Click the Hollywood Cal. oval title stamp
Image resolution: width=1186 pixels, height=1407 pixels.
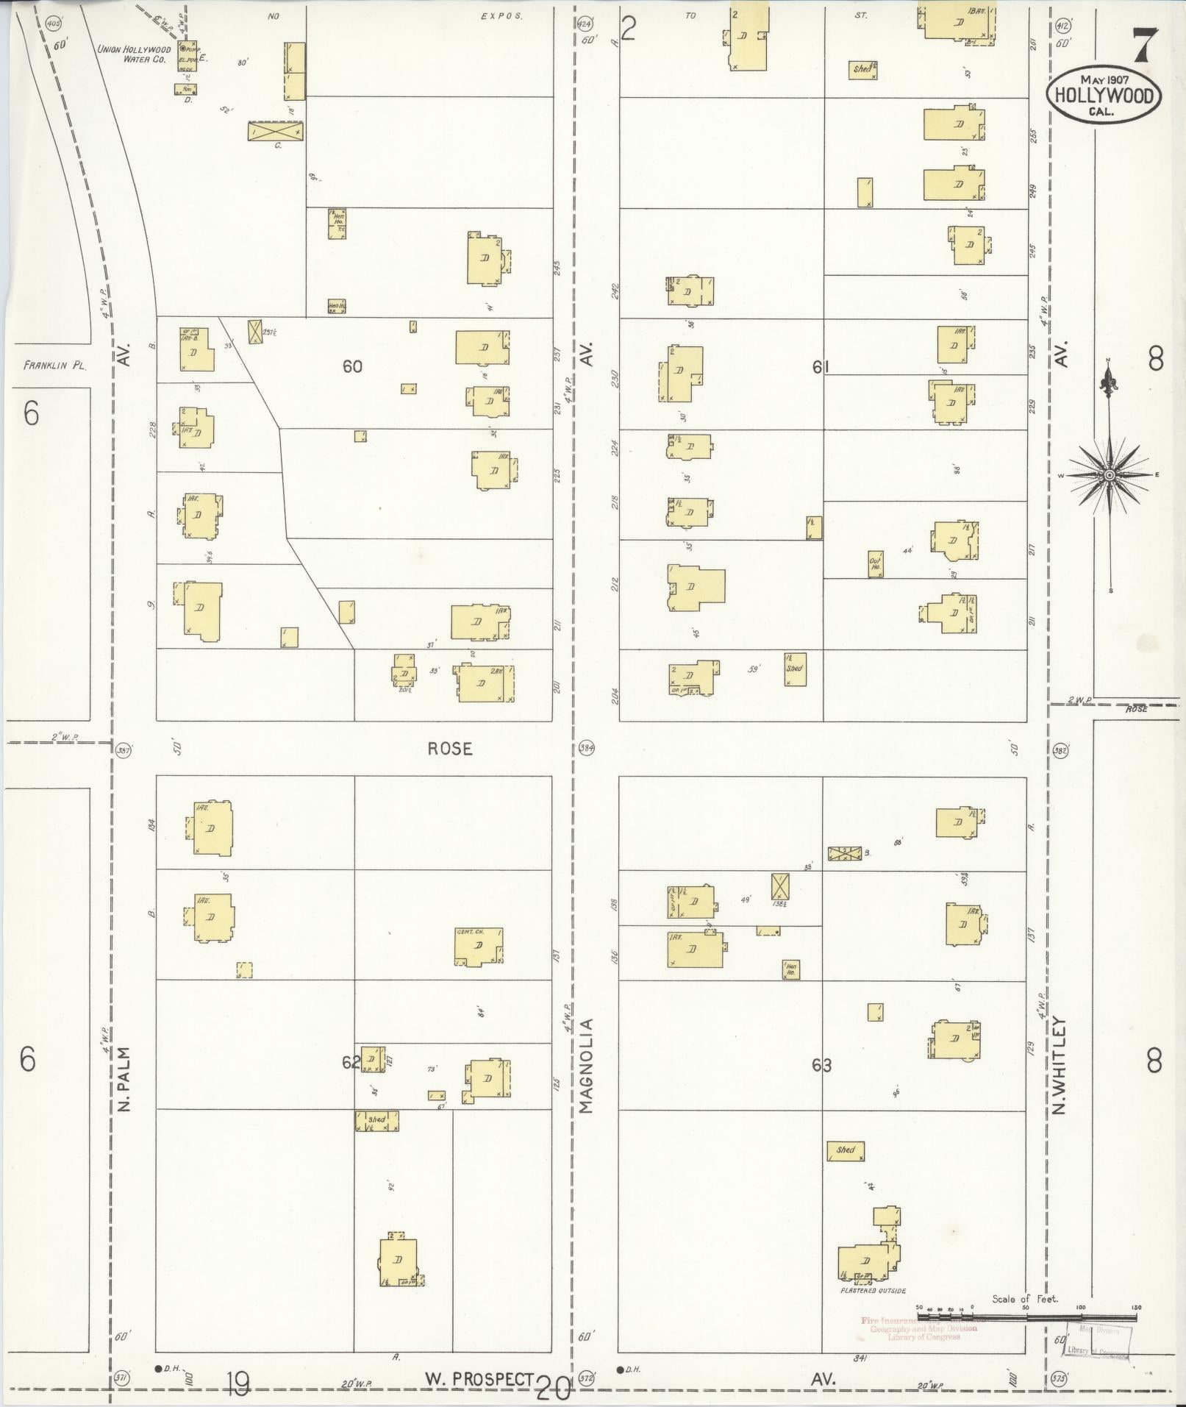(1105, 96)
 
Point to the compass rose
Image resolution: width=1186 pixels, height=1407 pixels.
(1107, 475)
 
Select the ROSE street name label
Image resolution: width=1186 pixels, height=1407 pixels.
(450, 749)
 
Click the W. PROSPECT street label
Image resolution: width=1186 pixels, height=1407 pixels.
(479, 1379)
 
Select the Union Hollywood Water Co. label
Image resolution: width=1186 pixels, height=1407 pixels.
(134, 54)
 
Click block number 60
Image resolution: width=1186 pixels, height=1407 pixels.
(352, 366)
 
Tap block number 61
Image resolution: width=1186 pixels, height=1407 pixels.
(821, 367)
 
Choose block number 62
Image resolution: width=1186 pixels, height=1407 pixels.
(351, 1062)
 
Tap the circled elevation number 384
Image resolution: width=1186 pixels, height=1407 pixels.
(586, 749)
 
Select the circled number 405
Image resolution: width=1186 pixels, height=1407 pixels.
(53, 24)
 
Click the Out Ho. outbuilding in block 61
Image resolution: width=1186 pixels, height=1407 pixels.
(875, 563)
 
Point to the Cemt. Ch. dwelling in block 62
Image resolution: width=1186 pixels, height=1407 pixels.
(479, 947)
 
